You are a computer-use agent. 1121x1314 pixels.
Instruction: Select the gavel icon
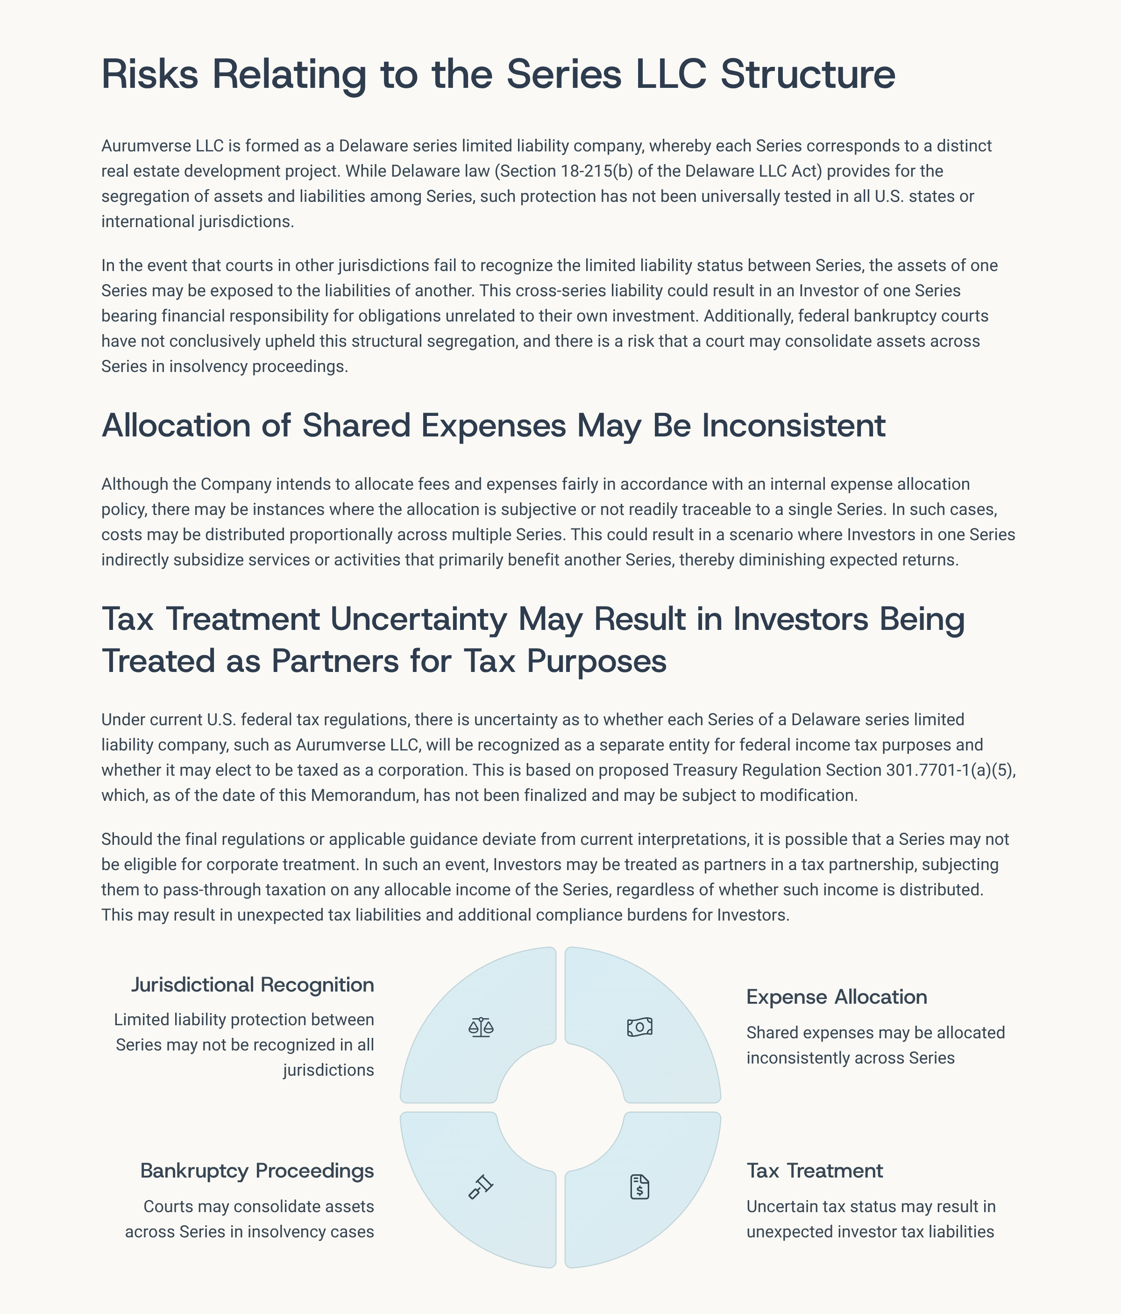pyautogui.click(x=481, y=1186)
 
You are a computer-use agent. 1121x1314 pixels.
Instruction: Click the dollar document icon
pyautogui.click(x=640, y=1186)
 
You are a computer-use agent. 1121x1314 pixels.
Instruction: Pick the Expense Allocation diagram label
pyautogui.click(x=836, y=997)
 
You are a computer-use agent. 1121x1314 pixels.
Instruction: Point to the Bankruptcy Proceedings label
pyautogui.click(x=257, y=1171)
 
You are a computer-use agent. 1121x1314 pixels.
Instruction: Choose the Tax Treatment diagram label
pyautogui.click(x=814, y=1171)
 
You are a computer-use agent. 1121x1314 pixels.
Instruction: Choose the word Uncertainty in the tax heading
pyautogui.click(x=419, y=619)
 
